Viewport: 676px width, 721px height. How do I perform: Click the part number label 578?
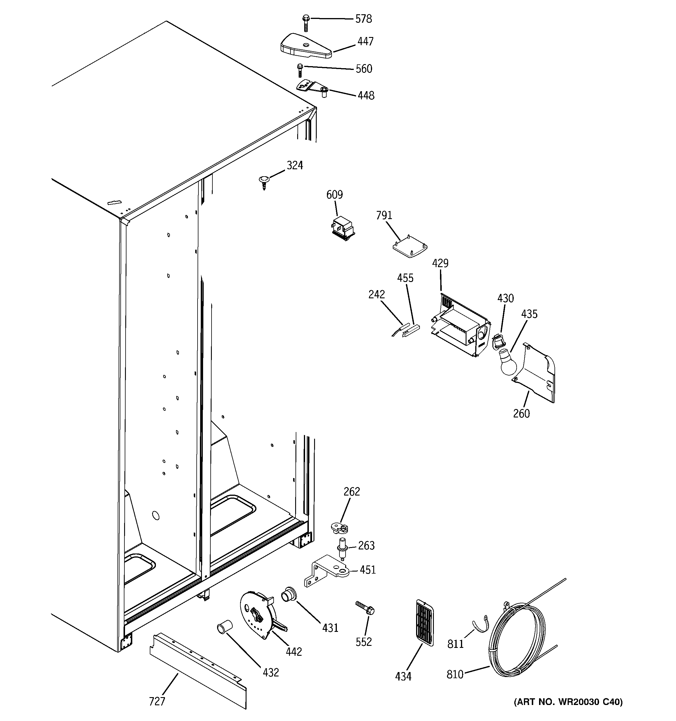[363, 19]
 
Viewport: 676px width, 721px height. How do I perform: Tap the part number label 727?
[157, 701]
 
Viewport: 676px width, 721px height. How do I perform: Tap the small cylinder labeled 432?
[225, 627]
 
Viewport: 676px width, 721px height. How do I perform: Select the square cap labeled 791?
[410, 247]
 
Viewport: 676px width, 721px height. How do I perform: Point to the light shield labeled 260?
[537, 373]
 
